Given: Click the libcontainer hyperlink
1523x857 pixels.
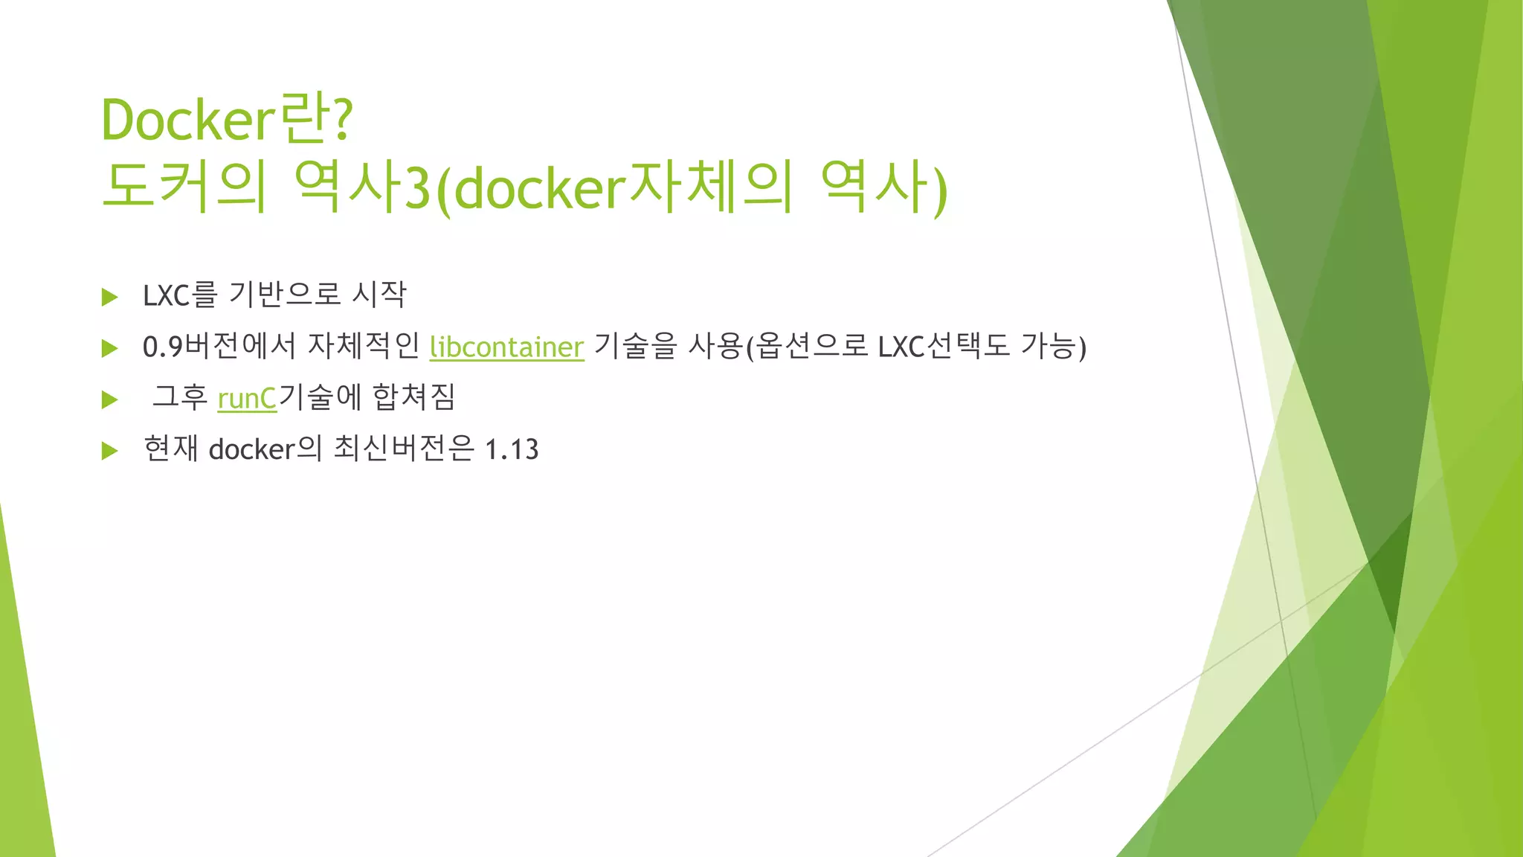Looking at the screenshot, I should pos(506,347).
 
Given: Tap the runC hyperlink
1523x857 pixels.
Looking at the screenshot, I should pos(247,399).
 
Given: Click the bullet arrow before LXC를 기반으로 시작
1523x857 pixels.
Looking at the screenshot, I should pos(110,297).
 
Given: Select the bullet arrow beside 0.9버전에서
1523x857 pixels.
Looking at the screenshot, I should pos(110,348).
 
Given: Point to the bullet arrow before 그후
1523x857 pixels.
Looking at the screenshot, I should pos(110,399).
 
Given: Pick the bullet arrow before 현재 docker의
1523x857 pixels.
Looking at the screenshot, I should pos(110,450).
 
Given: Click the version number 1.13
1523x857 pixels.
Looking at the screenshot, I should pos(512,449).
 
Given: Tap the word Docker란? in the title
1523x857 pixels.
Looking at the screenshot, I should pos(227,120).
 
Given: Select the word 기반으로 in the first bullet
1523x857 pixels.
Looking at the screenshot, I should pos(285,295).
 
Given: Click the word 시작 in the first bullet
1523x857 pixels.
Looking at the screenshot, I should pos(379,295).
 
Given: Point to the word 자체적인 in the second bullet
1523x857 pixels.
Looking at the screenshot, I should pos(364,347).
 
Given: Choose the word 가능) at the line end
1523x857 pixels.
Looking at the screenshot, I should pos(1053,347).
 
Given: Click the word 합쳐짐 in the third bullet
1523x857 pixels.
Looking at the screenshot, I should pos(413,397).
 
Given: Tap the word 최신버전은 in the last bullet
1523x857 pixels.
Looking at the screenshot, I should pos(404,449).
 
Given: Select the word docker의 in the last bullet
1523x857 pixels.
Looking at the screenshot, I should pos(265,449).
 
